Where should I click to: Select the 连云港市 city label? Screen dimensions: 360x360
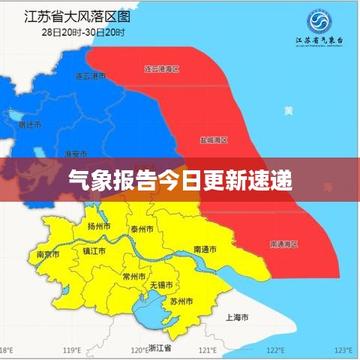91,76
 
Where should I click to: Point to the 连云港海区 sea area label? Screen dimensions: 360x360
162,69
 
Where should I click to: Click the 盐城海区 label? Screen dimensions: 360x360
214,140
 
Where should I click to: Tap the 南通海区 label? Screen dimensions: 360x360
283,244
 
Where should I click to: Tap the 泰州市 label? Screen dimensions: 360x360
142,228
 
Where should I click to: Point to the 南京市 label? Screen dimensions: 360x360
49,253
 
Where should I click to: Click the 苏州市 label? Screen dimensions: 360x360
181,301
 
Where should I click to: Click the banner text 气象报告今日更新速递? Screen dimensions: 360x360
180,181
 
